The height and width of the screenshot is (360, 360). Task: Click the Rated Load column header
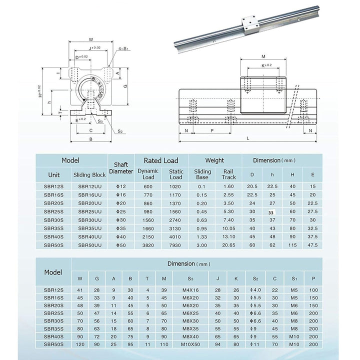pos(161,160)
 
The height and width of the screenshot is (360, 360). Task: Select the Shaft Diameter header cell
pos(121,167)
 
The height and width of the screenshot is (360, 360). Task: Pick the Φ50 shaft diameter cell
pos(121,245)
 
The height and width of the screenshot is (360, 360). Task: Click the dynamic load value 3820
pos(148,245)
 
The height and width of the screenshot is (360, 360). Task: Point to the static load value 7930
pos(176,245)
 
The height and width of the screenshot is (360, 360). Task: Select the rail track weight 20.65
pos(228,245)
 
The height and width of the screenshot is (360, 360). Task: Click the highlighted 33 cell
pos(271,212)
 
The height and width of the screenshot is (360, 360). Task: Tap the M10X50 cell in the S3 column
pos(190,344)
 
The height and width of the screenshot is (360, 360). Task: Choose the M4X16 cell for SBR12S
pos(190,290)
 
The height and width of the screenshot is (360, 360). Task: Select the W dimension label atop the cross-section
pos(90,39)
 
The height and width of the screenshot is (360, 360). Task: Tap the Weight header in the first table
pos(214,160)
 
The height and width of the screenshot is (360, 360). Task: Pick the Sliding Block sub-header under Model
pos(89,175)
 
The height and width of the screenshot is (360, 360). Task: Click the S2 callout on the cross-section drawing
pos(120,131)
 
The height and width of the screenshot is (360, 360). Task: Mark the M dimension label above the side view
pos(263,56)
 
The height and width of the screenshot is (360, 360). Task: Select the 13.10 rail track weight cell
pos(228,236)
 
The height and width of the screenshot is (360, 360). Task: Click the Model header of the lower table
pos(53,272)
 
